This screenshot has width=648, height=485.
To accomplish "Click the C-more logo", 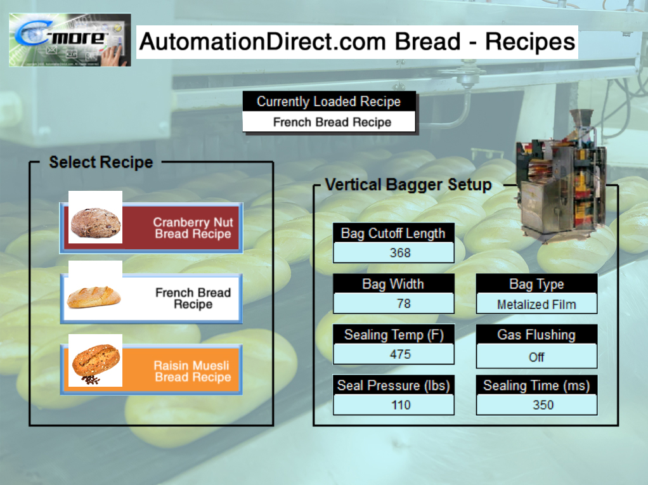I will pyautogui.click(x=70, y=40).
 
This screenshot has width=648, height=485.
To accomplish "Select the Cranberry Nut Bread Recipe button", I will pyautogui.click(x=152, y=228).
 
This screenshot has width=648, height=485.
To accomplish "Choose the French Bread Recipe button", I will pyautogui.click(x=152, y=299).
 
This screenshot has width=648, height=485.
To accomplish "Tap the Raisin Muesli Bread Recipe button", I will pyautogui.click(x=152, y=371).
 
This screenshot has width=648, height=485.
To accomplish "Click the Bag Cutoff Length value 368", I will pyautogui.click(x=394, y=253).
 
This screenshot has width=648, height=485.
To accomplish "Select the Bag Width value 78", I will pyautogui.click(x=394, y=304).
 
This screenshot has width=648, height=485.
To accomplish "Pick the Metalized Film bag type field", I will pyautogui.click(x=536, y=304).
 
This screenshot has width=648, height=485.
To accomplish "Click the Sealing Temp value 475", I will pyautogui.click(x=394, y=354).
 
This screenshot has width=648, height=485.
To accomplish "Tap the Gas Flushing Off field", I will pyautogui.click(x=536, y=357).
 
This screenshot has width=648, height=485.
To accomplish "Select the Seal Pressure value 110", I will pyautogui.click(x=394, y=405).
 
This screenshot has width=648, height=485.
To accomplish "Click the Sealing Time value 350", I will pyautogui.click(x=536, y=405).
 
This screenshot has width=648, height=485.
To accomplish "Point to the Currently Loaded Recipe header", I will pyautogui.click(x=329, y=101).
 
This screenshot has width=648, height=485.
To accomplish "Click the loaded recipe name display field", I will pyautogui.click(x=329, y=122).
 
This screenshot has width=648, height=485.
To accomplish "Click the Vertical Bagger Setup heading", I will pyautogui.click(x=408, y=185).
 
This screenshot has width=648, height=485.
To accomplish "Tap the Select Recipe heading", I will pyautogui.click(x=101, y=162).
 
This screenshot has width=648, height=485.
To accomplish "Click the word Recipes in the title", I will pyautogui.click(x=530, y=42).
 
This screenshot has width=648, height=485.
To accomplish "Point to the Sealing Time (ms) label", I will pyautogui.click(x=536, y=385).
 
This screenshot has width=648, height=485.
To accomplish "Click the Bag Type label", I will pyautogui.click(x=536, y=284).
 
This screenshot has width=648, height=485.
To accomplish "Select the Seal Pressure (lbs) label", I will pyautogui.click(x=394, y=385).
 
